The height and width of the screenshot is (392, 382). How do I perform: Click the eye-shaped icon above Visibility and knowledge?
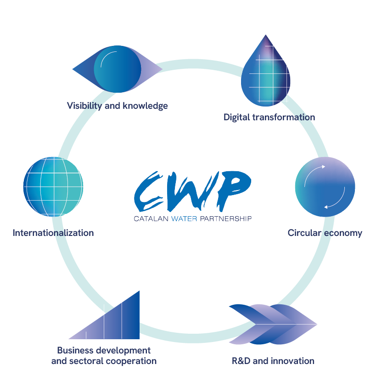[x=117, y=69]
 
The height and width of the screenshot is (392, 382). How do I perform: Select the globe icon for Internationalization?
[x=53, y=186]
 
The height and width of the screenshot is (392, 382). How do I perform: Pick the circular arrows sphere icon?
[x=325, y=186]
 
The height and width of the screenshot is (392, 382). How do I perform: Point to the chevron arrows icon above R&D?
[x=273, y=324]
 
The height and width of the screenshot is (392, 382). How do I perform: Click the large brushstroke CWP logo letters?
[x=192, y=191]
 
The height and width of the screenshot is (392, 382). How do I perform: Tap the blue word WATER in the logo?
[x=184, y=219]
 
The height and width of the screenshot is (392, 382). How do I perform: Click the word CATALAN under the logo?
[x=151, y=219]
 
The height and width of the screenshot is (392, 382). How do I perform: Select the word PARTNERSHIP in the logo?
[x=226, y=219]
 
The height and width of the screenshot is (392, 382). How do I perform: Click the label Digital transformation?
[x=269, y=117]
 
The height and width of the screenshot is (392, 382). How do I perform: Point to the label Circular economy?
[x=325, y=233]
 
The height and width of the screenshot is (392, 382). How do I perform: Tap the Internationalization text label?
[x=53, y=233]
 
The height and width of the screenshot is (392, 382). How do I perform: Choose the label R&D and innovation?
[x=273, y=361]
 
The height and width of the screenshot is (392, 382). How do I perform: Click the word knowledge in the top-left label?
[x=145, y=106]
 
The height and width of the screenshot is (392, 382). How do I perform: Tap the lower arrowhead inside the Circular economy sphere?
[x=326, y=207]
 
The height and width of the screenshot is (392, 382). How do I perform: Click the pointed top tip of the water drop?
[x=265, y=35]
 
